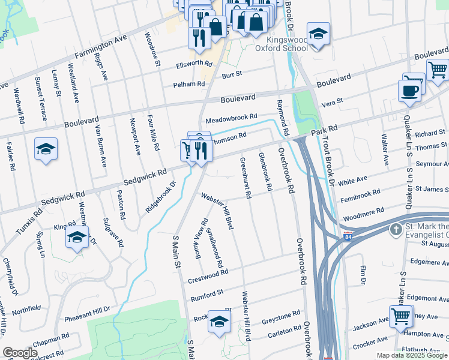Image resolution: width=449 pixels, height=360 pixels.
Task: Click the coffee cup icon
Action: point(411,91)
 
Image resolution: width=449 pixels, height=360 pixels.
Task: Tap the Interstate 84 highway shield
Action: point(348,237)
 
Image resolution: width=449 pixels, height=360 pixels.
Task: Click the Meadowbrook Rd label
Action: point(231,118)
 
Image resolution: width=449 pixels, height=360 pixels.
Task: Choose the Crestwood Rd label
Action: point(208,275)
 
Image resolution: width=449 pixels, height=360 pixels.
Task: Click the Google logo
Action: point(20,352)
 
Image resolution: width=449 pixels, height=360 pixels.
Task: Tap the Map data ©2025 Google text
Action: point(411,355)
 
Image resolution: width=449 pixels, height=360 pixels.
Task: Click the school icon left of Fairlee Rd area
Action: point(46,150)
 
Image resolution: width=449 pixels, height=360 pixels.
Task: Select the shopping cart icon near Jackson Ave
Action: point(400,317)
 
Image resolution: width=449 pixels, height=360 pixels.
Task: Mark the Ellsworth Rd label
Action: point(194,64)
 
